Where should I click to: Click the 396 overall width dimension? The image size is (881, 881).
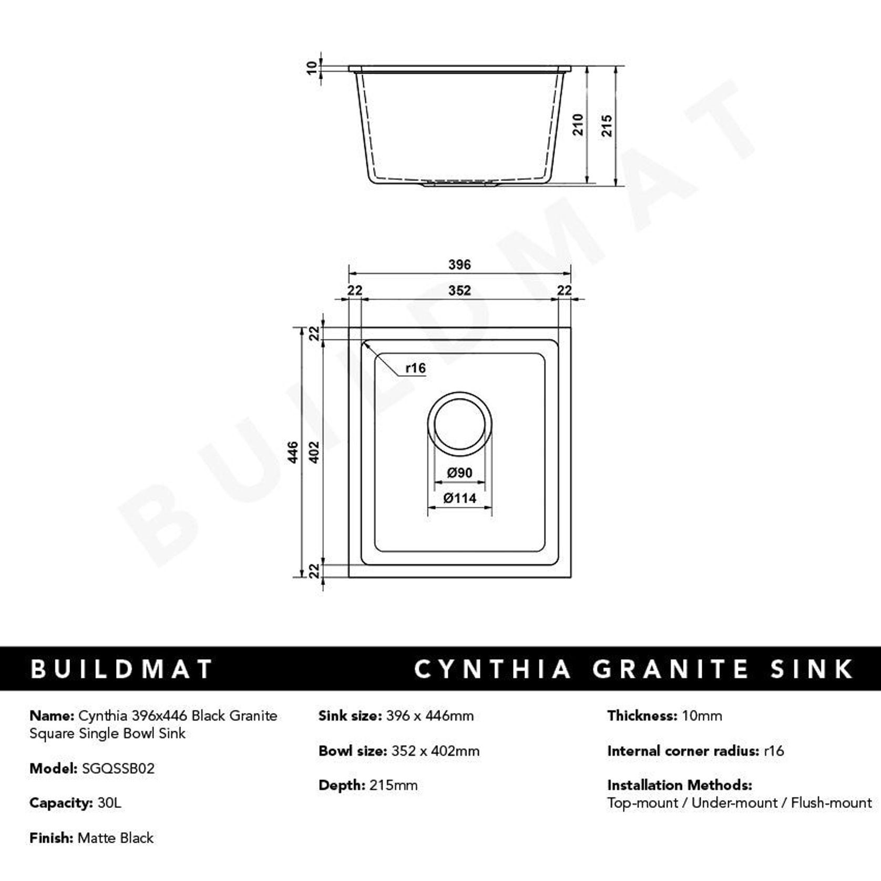point(459,264)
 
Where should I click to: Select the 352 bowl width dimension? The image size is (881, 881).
point(459,290)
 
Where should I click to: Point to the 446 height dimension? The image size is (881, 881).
point(293,452)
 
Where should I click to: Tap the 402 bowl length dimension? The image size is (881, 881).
point(314,452)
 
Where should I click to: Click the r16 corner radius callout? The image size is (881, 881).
point(415,368)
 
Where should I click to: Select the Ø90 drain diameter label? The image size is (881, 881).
point(459,473)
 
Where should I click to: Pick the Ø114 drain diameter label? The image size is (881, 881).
point(459,498)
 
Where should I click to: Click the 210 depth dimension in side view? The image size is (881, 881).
point(578,125)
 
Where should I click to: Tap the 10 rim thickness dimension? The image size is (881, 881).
point(312,68)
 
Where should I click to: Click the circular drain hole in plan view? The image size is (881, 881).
point(460,424)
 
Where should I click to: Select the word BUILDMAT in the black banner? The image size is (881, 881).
point(121,669)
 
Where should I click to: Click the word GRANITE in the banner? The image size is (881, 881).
point(670,669)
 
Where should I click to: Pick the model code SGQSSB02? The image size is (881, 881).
point(118,769)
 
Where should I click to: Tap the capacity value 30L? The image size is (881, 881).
point(109,803)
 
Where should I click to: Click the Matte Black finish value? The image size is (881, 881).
point(115,837)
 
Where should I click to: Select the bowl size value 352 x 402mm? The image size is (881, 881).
point(435,751)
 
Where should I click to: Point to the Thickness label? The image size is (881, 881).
point(642,715)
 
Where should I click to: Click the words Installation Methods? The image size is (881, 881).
point(679,785)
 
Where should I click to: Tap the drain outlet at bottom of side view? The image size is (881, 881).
point(459,184)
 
